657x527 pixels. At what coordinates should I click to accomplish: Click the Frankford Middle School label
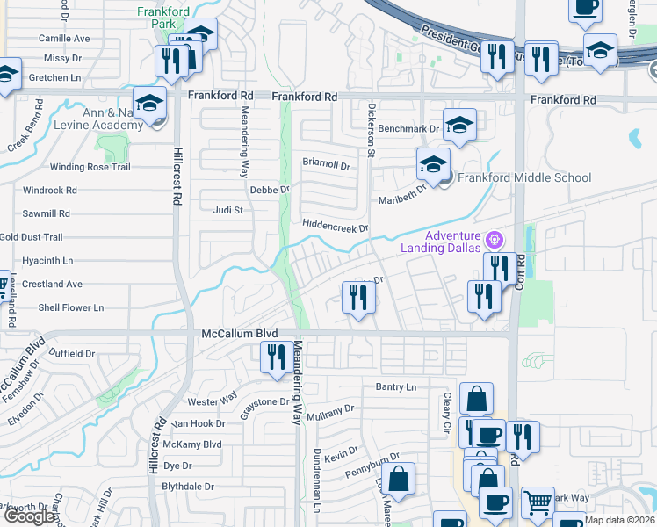[x=524, y=177]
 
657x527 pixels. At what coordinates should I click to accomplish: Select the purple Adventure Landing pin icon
[x=495, y=238]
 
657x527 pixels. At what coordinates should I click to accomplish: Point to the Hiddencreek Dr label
[x=334, y=227]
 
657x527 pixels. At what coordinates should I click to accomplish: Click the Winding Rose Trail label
[x=90, y=167]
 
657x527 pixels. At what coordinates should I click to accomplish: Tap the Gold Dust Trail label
[x=32, y=237]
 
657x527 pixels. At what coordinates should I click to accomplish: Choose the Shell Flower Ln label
[x=70, y=307]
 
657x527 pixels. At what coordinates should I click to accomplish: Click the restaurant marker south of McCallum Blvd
[x=276, y=357]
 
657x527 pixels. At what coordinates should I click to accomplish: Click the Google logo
[x=29, y=516]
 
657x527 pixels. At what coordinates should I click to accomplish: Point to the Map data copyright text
[x=620, y=520]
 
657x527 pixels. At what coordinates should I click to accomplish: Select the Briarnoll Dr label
[x=326, y=164]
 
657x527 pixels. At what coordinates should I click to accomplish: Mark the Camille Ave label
[x=64, y=39]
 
